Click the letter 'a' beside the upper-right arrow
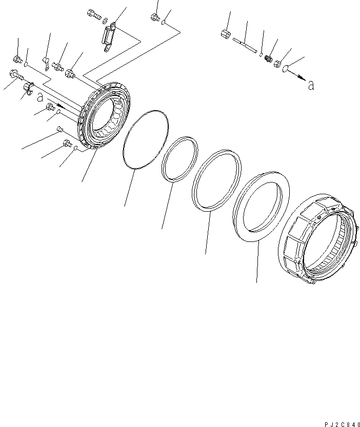[311, 86]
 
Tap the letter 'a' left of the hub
[39, 97]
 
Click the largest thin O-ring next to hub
[146, 138]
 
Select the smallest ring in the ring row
[179, 159]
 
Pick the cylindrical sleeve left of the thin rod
[225, 35]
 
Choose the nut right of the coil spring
[277, 64]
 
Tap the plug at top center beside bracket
[154, 18]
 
